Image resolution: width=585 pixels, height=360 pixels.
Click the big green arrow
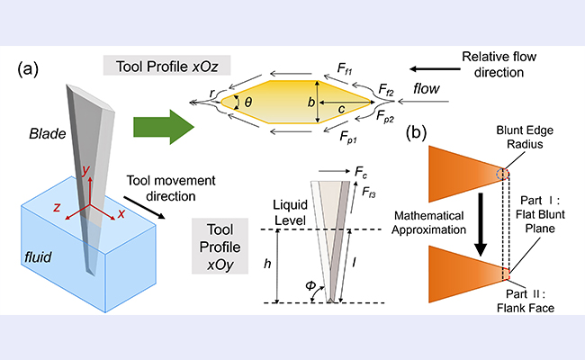coord(164,127)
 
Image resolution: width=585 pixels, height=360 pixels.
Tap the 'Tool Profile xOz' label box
coord(166,66)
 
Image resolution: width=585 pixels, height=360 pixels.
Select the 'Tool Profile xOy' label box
coord(220,247)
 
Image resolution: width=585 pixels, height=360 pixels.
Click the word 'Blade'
coord(48,133)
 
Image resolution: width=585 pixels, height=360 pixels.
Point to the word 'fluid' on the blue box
coord(38,257)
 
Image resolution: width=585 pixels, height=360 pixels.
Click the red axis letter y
coord(86,170)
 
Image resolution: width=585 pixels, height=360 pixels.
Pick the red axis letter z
coord(57,207)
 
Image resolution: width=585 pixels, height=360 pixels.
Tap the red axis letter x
coord(121,214)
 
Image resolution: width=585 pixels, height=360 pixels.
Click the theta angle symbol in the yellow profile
coord(248,102)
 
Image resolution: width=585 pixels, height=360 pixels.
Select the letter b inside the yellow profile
coord(310,102)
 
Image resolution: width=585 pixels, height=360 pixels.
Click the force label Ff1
coord(345,69)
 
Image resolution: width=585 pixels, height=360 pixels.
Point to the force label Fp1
coord(348,138)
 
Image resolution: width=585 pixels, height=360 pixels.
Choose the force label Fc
coord(361,172)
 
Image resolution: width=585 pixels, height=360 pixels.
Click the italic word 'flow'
coord(427,89)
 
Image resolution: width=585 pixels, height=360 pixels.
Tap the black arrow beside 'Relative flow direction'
coord(435,69)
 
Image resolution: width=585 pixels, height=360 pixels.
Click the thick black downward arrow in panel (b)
coord(481,224)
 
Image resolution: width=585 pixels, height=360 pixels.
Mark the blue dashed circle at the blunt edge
coord(502,174)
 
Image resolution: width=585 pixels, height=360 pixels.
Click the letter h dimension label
coord(267,264)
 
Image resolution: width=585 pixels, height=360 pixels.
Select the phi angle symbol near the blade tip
coord(310,286)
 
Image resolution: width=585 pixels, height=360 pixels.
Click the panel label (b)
coord(416,133)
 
